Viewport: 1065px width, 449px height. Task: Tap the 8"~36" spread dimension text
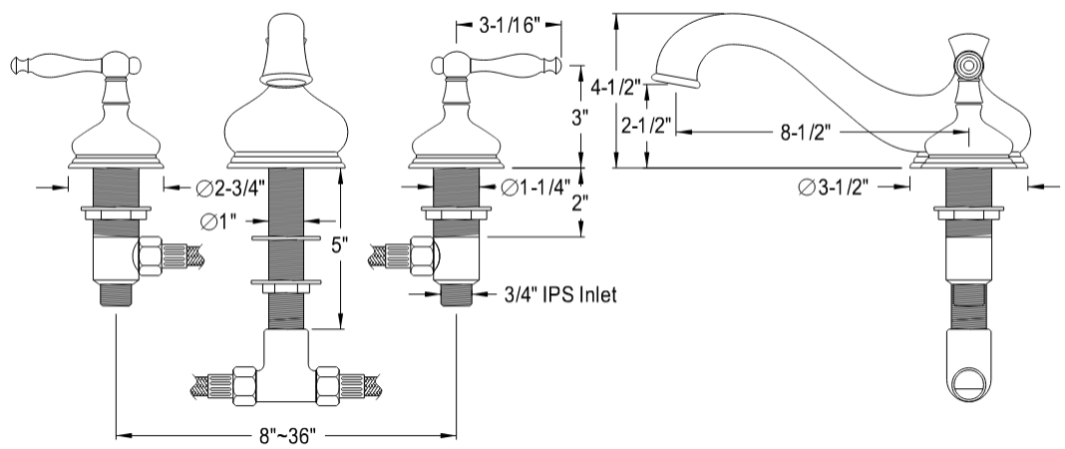point(286,436)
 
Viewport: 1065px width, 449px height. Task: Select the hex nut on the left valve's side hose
point(151,257)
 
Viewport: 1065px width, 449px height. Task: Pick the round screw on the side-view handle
point(965,66)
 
